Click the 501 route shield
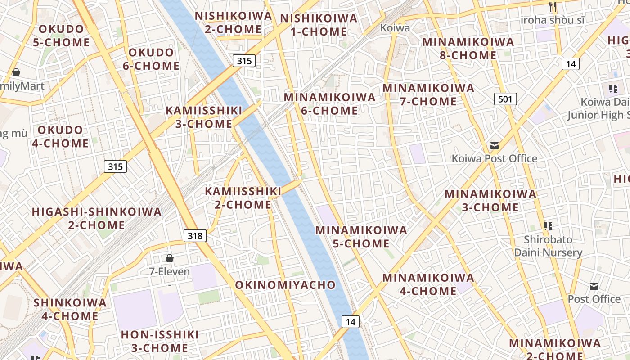(505, 99)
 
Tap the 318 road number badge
(195, 236)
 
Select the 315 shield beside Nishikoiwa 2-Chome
(244, 61)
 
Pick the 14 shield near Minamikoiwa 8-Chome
(571, 64)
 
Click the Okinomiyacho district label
(285, 285)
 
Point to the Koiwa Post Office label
(494, 158)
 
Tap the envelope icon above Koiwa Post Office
(495, 146)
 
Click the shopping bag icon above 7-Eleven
(170, 258)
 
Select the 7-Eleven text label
(170, 272)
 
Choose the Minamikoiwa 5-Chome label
(361, 237)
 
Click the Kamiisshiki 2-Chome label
(243, 198)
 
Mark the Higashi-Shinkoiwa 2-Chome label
(97, 218)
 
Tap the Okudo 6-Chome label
(151, 59)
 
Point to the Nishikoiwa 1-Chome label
(319, 25)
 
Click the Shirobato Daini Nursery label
(548, 246)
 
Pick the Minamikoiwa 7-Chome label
(428, 94)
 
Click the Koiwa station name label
(395, 28)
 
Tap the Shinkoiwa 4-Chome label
(70, 309)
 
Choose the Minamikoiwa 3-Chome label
(490, 201)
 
